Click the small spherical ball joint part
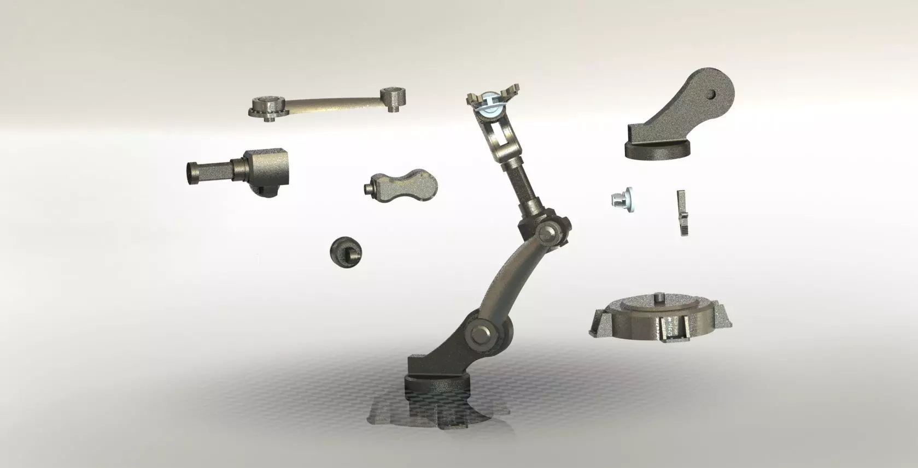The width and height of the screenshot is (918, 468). [x=346, y=252]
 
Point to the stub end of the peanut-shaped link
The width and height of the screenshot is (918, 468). [x=369, y=188]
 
